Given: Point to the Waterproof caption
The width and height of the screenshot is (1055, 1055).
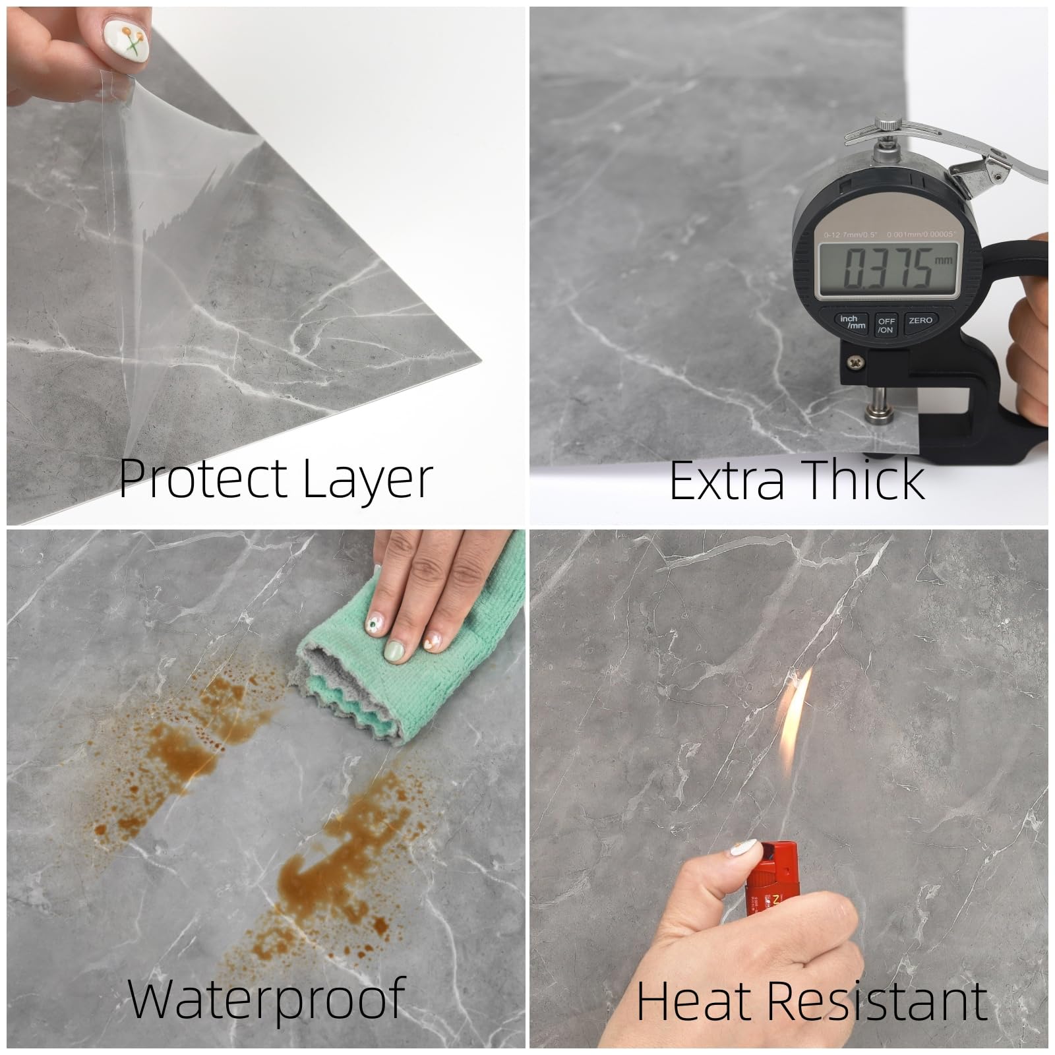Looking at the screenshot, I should tap(266, 1000).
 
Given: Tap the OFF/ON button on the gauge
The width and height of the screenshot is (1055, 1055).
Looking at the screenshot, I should tap(886, 325).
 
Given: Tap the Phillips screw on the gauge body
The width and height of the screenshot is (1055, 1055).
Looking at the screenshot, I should tap(855, 361).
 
